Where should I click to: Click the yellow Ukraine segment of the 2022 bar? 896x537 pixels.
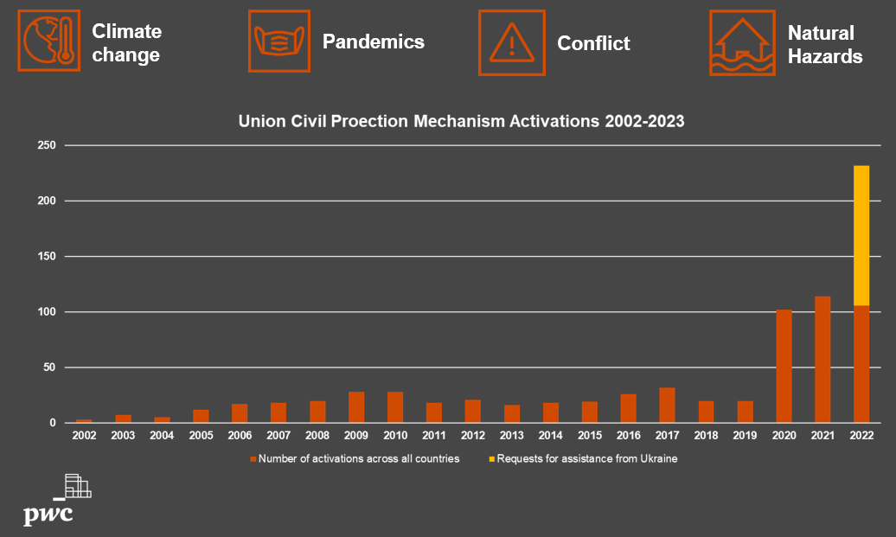(x=861, y=235)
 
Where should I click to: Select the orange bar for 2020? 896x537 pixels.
(x=784, y=366)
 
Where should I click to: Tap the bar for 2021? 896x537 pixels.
(x=822, y=360)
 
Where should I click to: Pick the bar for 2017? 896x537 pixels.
(x=667, y=405)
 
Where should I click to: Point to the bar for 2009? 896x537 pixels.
(x=356, y=407)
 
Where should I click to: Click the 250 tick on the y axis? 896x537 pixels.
(x=47, y=145)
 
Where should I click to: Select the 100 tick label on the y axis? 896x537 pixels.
(x=47, y=312)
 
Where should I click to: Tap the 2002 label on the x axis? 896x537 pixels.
(x=84, y=435)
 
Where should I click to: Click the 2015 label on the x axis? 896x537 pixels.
(x=589, y=435)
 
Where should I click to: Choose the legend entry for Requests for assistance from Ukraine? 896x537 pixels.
(x=583, y=458)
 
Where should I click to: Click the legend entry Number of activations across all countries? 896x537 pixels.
(x=355, y=458)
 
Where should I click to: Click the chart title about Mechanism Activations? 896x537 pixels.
(x=461, y=121)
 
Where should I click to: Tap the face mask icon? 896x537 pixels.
(x=279, y=42)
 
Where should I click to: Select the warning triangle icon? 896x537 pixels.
(x=512, y=43)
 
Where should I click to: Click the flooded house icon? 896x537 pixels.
(x=742, y=43)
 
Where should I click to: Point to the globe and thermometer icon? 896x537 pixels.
(x=49, y=41)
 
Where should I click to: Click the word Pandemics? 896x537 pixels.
(x=373, y=42)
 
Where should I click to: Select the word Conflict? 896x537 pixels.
(x=593, y=43)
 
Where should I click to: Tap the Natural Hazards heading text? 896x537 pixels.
(x=824, y=45)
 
